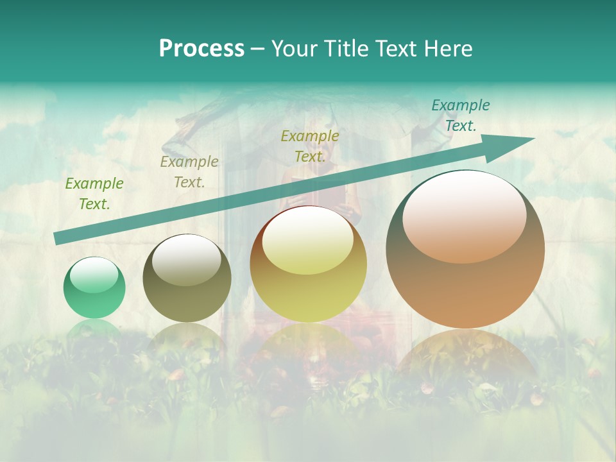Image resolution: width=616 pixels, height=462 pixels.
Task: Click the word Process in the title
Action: pos(201,49)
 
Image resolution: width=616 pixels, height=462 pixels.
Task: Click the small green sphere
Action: pos(94,288)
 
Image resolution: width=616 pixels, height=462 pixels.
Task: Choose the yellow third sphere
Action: pos(308,264)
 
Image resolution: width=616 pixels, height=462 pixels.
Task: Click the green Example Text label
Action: pos(94,194)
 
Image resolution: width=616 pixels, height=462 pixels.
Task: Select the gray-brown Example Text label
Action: pos(189,172)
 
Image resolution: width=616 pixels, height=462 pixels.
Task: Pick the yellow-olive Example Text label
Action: pos(310,146)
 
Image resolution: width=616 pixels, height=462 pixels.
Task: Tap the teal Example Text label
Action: pos(461,116)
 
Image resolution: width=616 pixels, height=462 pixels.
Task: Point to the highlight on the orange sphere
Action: pos(464,218)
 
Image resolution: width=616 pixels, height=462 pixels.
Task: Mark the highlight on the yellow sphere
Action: pos(307,241)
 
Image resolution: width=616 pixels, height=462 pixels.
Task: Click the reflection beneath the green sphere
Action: pos(94,329)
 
